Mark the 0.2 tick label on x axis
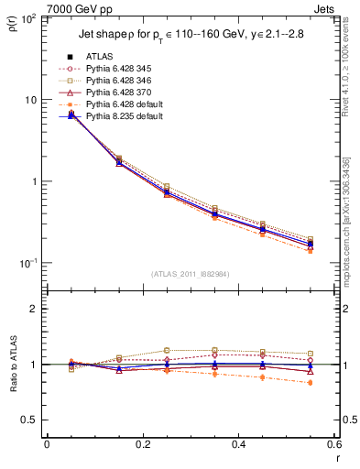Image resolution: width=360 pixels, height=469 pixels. pyautogui.click(x=143, y=444)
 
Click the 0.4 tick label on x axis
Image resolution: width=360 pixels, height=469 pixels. pyautogui.click(x=239, y=444)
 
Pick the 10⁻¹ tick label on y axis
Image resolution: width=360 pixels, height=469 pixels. pyautogui.click(x=30, y=263)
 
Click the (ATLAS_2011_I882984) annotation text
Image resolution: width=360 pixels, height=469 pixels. pyautogui.click(x=188, y=274)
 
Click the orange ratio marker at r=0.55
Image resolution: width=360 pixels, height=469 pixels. pyautogui.click(x=311, y=383)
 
